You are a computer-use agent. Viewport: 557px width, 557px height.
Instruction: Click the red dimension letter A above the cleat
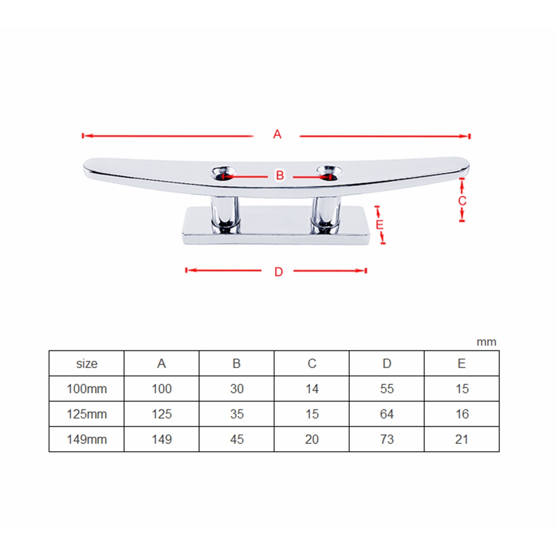click(277, 134)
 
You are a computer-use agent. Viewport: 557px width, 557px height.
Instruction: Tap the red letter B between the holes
click(280, 175)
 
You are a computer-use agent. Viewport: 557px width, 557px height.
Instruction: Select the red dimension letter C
click(462, 201)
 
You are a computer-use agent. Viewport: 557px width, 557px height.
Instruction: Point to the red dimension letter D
click(279, 272)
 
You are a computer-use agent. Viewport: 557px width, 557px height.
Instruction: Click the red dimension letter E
click(380, 225)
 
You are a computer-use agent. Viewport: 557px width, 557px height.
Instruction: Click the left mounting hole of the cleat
click(223, 172)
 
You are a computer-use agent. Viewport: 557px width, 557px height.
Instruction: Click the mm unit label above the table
click(486, 342)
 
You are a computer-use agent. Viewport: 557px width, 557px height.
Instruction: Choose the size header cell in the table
click(86, 364)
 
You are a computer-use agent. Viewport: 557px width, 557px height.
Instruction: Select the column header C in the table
click(312, 364)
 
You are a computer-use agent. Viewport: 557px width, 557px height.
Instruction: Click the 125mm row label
click(86, 414)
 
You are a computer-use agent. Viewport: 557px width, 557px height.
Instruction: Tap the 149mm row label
click(86, 439)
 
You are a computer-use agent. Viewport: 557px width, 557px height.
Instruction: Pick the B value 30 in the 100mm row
click(237, 389)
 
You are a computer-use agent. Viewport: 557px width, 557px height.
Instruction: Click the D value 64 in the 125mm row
click(387, 414)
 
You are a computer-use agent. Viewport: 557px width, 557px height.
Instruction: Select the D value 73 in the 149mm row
click(387, 439)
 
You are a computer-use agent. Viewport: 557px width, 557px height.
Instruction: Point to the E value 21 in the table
click(462, 439)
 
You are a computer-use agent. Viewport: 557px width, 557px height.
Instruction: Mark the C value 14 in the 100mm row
click(312, 389)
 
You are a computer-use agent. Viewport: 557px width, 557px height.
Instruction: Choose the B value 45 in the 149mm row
click(237, 439)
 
